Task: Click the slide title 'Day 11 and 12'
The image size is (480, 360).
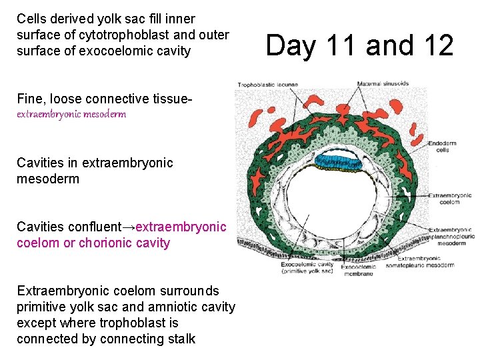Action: point(359,45)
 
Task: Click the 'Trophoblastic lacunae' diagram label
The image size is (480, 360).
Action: point(260,85)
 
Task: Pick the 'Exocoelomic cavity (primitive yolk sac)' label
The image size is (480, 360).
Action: point(307,267)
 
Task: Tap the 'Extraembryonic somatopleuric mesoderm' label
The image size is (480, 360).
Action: point(425,261)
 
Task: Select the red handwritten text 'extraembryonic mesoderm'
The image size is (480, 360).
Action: point(71,114)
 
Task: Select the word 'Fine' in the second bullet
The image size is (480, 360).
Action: point(29,99)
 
